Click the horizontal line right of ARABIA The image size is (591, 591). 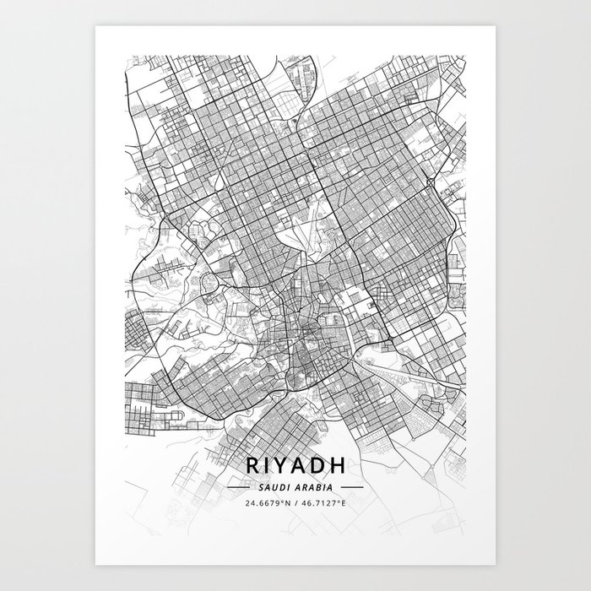(x=350, y=488)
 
